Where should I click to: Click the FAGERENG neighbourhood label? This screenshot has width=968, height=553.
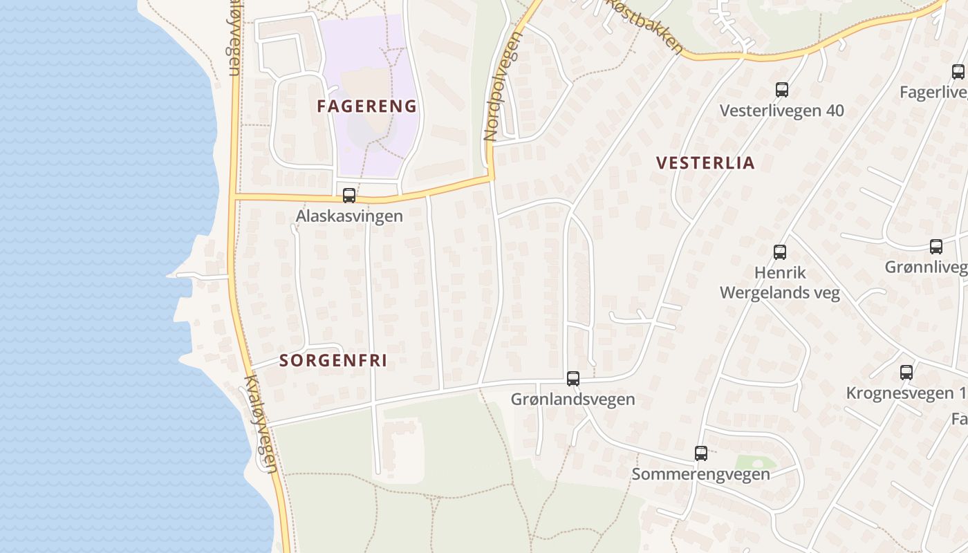click(367, 106)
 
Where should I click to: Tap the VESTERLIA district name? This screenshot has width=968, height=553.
click(705, 163)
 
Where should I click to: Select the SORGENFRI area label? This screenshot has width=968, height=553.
click(333, 361)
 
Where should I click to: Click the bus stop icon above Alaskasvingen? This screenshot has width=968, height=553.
click(349, 196)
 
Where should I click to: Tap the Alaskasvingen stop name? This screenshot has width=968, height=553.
click(349, 216)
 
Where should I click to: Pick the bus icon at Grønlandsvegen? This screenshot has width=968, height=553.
click(573, 379)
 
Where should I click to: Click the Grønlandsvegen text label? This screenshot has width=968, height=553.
click(573, 400)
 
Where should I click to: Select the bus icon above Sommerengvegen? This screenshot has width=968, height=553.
click(701, 453)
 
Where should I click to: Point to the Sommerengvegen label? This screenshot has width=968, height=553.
click(700, 474)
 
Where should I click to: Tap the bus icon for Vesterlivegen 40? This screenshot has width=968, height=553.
click(782, 90)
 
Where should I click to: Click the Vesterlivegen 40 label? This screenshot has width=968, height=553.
click(781, 111)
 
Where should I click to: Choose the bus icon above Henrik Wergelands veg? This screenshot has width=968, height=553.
click(780, 252)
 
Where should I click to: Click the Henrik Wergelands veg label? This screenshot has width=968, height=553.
click(780, 283)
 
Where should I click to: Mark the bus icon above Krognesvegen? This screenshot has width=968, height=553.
click(906, 373)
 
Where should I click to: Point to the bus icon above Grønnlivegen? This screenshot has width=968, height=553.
click(936, 247)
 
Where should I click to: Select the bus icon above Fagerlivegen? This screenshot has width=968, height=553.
click(958, 72)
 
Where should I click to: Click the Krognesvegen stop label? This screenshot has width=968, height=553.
click(906, 393)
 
